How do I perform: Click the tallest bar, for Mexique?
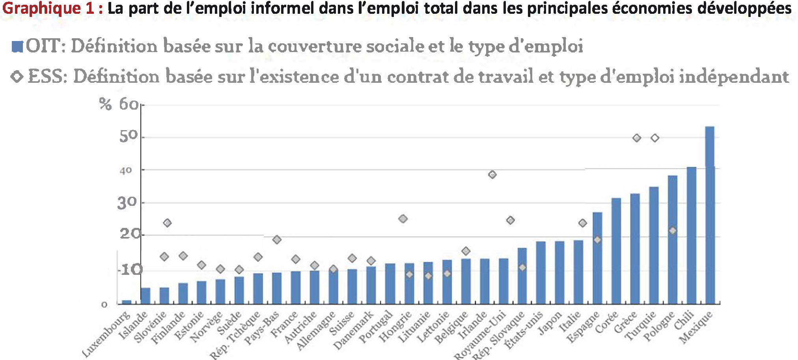709,215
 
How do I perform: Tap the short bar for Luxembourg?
127,302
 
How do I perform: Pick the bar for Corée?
616,251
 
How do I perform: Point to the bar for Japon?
559,272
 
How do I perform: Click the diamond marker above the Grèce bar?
636,138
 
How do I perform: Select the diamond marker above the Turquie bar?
655,138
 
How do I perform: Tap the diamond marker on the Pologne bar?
673,231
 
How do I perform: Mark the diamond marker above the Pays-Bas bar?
277,240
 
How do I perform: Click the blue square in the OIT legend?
17,47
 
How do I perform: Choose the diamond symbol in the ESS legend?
17,76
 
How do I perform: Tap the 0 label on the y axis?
104,304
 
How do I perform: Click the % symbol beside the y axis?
105,104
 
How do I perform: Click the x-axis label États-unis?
524,330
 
